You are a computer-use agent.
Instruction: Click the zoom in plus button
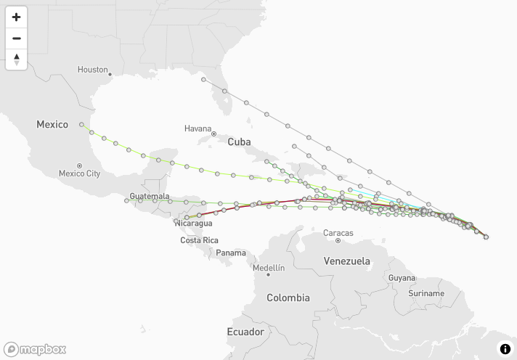[x=16, y=17]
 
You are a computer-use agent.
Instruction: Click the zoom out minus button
[x=16, y=38]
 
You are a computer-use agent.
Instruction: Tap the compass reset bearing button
[x=16, y=60]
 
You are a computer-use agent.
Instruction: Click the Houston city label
[x=92, y=70]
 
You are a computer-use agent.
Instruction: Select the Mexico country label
[x=52, y=125]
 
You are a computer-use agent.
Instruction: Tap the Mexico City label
[x=79, y=173]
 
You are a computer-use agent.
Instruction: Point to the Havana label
[x=198, y=128]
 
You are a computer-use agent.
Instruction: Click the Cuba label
[x=239, y=142]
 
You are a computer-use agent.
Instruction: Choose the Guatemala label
[x=149, y=197]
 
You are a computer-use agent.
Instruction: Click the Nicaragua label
[x=193, y=223]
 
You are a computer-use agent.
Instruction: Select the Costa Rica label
[x=199, y=240]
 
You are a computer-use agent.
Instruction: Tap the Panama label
[x=231, y=253]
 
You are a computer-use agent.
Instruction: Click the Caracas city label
[x=338, y=233]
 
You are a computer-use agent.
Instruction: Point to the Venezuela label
[x=346, y=261]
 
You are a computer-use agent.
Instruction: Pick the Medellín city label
[x=269, y=268]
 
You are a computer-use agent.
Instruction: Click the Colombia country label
[x=288, y=298]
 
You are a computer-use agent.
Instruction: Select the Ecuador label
[x=245, y=332]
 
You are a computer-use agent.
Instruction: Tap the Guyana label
[x=402, y=278]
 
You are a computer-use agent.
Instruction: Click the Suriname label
[x=426, y=293]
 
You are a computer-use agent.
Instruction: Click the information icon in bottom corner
[x=505, y=349]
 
